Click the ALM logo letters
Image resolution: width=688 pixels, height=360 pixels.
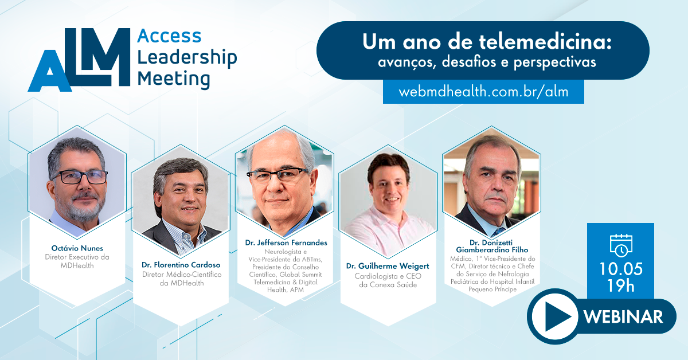[79, 60]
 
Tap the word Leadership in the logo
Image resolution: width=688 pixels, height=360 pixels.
[187, 58]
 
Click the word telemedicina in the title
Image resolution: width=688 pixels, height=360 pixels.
[545, 41]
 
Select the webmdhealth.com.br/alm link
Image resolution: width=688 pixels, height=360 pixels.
[483, 92]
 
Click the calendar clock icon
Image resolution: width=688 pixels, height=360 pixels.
[621, 245]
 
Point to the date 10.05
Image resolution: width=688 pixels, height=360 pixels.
[621, 269]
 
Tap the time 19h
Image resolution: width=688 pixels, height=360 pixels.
[621, 285]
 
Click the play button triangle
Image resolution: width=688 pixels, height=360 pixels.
[558, 316]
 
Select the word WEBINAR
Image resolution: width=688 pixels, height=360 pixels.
[623, 316]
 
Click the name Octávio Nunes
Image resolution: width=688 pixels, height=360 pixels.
[77, 248]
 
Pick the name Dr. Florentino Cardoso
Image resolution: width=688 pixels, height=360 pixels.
[181, 265]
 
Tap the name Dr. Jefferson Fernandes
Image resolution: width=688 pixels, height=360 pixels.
[286, 242]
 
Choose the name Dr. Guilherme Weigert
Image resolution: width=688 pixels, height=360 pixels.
[388, 266]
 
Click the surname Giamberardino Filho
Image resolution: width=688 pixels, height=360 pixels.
[492, 250]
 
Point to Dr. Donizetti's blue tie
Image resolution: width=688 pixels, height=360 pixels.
[498, 231]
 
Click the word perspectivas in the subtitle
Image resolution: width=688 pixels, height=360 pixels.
[555, 62]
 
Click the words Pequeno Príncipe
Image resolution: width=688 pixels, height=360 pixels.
[492, 289]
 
